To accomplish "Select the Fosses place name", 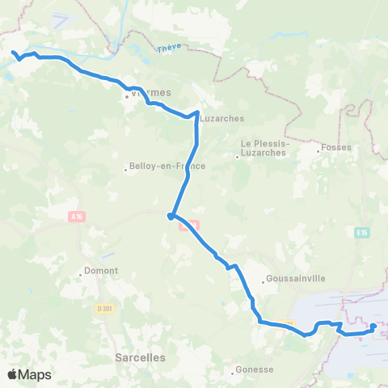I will pyautogui.click(x=335, y=148).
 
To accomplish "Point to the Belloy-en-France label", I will pyautogui.click(x=168, y=166).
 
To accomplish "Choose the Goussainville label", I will pyautogui.click(x=297, y=280).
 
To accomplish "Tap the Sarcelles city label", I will pyautogui.click(x=141, y=356).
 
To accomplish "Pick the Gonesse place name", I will pyautogui.click(x=255, y=370).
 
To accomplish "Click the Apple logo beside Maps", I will pyautogui.click(x=12, y=374).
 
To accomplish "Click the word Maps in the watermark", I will pyautogui.click(x=35, y=374).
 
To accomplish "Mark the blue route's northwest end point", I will pyautogui.click(x=14, y=53).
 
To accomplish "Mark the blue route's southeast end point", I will pyautogui.click(x=373, y=327).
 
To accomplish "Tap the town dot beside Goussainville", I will pyautogui.click(x=264, y=281).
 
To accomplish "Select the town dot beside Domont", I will pyautogui.click(x=81, y=274).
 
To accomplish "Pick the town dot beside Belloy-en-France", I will pyautogui.click(x=127, y=170).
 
